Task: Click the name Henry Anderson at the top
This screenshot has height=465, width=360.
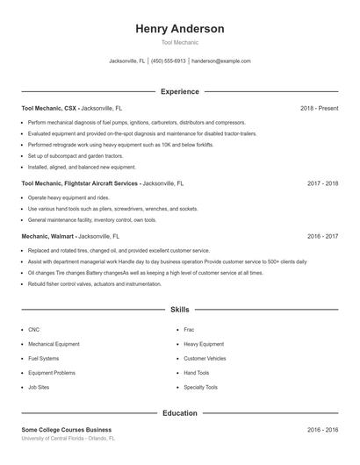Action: click(180, 29)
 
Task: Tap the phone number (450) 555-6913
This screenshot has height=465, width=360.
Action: click(169, 61)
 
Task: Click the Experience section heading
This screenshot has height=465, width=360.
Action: click(180, 91)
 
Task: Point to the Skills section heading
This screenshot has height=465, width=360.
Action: click(180, 310)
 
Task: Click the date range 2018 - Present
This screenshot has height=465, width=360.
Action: click(319, 108)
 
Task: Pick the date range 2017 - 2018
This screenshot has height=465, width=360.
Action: click(322, 184)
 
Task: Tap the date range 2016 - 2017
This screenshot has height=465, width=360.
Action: click(322, 236)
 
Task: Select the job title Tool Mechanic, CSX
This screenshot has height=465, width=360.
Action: click(51, 108)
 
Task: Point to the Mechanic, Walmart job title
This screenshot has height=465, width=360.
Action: click(49, 236)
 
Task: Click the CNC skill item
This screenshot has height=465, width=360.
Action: click(34, 329)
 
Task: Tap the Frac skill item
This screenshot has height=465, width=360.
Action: click(189, 329)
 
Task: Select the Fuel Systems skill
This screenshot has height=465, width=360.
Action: click(44, 358)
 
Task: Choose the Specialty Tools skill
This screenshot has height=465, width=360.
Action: click(200, 387)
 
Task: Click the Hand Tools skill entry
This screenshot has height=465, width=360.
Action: click(197, 373)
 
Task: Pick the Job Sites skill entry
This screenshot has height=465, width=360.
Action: click(39, 387)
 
